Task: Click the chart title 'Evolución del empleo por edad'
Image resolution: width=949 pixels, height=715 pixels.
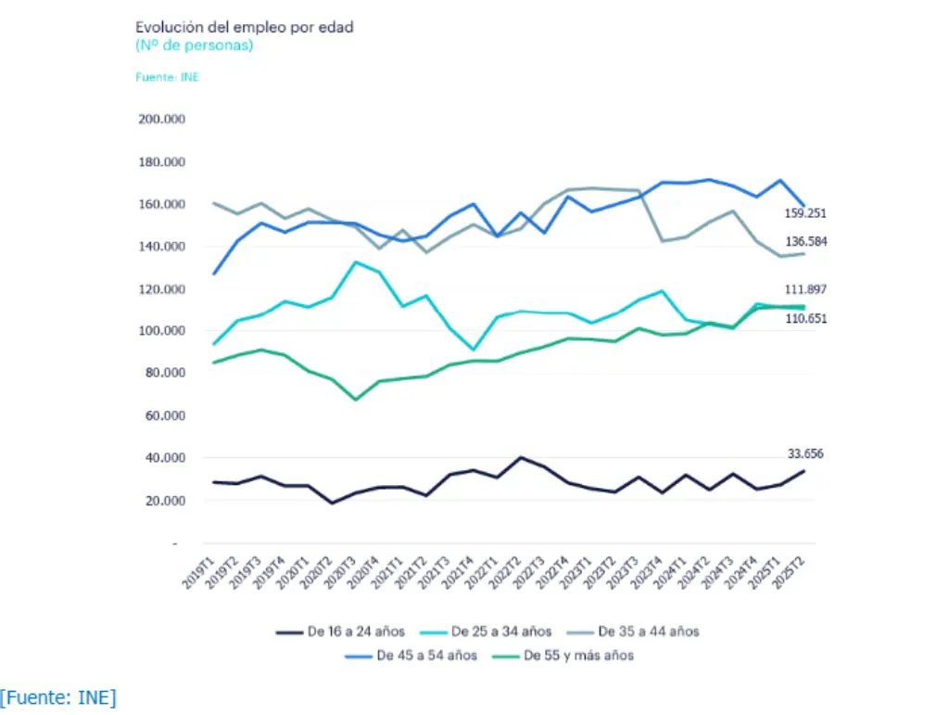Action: [244, 27]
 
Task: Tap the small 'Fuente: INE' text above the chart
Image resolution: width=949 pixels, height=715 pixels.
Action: [167, 77]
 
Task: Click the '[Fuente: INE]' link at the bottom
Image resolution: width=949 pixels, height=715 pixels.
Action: [58, 697]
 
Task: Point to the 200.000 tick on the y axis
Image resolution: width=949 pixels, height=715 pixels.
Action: [160, 120]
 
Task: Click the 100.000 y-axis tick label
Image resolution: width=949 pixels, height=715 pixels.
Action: [160, 331]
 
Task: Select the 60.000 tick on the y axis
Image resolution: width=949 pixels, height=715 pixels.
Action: [163, 416]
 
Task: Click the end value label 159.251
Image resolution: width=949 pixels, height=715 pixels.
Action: [804, 213]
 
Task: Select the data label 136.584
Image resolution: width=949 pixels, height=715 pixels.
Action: [804, 241]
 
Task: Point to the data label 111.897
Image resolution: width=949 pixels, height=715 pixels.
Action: [804, 289]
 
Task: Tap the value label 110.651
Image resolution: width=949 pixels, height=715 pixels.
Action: [804, 319]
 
